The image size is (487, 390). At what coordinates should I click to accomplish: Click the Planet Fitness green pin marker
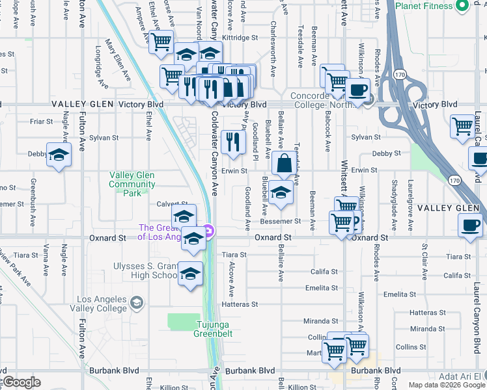(x=463, y=6)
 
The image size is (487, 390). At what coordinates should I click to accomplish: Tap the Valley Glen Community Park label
(x=132, y=184)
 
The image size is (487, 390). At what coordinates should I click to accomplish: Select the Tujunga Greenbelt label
(x=211, y=329)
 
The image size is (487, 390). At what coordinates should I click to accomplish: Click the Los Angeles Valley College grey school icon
(x=137, y=302)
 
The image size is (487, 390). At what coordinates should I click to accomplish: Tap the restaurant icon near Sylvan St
(x=232, y=142)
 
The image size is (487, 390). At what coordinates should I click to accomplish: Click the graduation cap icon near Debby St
(x=59, y=155)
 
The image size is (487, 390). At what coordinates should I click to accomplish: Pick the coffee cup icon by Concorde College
(x=357, y=90)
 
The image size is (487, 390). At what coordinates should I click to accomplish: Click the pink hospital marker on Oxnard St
(x=207, y=231)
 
